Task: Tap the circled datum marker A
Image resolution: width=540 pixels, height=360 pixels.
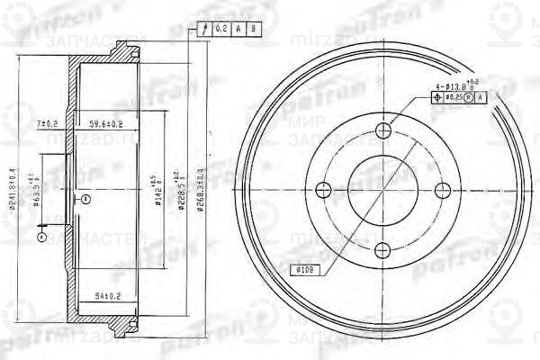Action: [41, 237]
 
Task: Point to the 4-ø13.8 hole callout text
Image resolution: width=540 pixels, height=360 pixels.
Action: [458, 86]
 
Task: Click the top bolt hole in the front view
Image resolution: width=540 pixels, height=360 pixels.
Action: [384, 132]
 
